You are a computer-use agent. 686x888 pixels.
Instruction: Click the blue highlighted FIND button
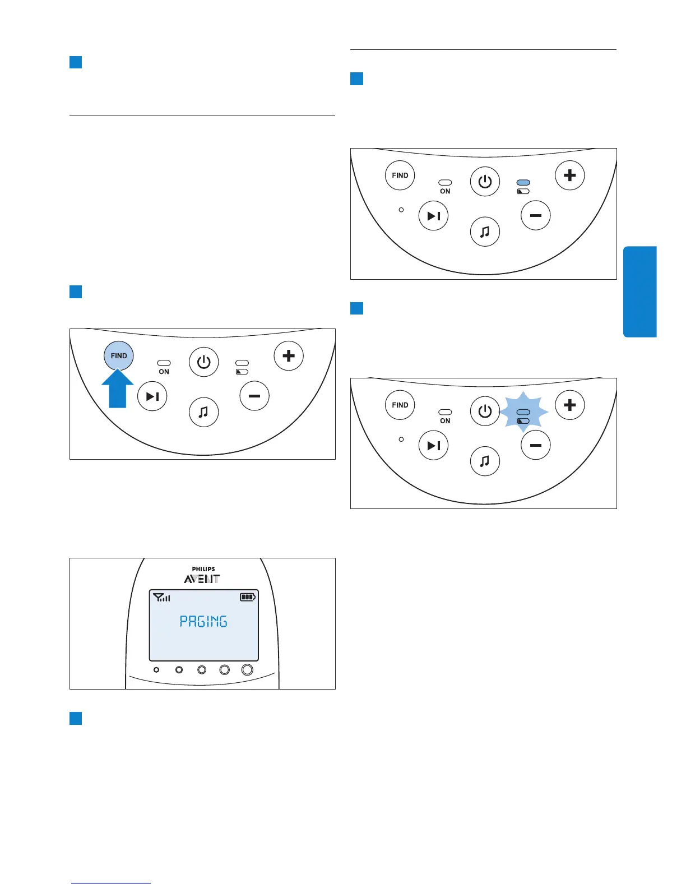tap(119, 355)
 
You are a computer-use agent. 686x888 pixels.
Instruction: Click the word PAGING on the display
tap(203, 621)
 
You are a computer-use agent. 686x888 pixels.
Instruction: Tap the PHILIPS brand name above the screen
tap(203, 569)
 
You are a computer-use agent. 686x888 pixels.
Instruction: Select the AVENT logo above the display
tap(202, 579)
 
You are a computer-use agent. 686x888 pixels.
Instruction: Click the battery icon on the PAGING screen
tap(248, 597)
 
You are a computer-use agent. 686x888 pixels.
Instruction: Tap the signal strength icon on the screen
tap(161, 598)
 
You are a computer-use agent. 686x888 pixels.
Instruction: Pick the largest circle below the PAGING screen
tap(247, 669)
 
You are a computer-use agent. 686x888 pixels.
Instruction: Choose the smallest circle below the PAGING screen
tap(156, 670)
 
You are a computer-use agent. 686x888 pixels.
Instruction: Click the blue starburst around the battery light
tap(523, 412)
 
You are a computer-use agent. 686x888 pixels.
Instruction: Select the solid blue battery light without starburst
tap(523, 183)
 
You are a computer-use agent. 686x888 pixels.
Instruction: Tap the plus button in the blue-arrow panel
tap(289, 355)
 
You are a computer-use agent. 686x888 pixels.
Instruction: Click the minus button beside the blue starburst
tap(536, 445)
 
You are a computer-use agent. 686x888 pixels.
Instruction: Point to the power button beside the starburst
tap(485, 411)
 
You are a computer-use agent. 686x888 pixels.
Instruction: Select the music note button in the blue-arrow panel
tap(203, 412)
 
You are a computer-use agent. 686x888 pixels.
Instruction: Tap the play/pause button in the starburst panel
tap(434, 445)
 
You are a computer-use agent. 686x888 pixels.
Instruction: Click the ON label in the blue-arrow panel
tap(164, 372)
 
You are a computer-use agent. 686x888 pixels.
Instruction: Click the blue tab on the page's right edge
tap(639, 292)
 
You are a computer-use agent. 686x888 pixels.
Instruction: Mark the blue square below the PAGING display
tap(76, 718)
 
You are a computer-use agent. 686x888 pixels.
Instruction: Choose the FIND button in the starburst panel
tap(400, 405)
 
